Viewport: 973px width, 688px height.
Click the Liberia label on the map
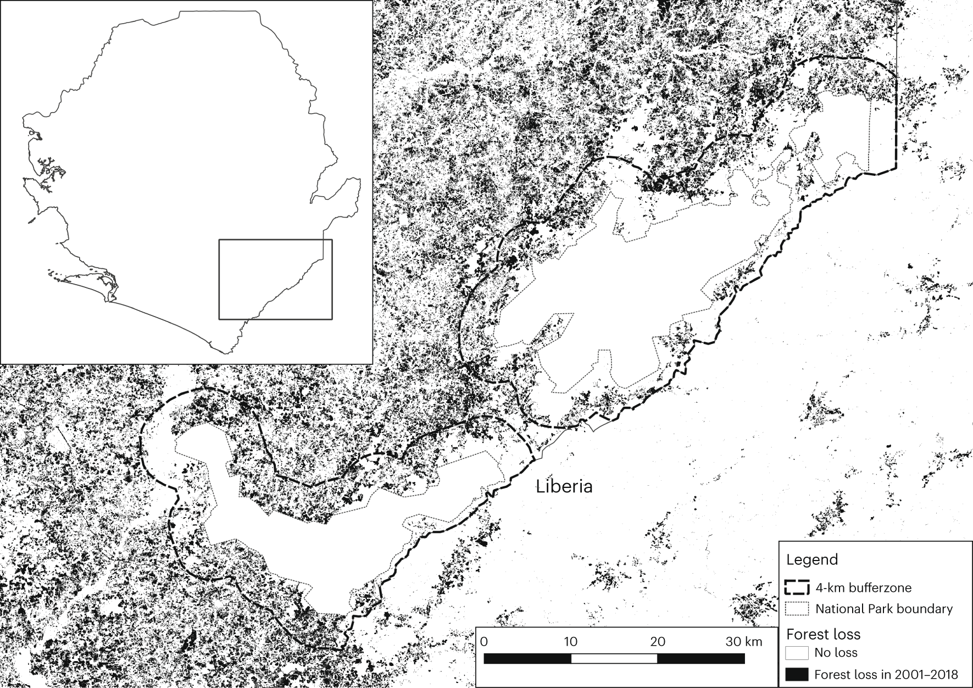pyautogui.click(x=564, y=486)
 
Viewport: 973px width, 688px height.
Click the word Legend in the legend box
pyautogui.click(x=812, y=559)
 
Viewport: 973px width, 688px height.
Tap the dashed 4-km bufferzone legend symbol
pyautogui.click(x=797, y=587)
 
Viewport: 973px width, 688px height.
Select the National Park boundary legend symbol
pyautogui.click(x=797, y=609)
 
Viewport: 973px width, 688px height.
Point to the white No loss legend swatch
pyautogui.click(x=797, y=653)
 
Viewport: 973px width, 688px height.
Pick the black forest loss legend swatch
pyautogui.click(x=797, y=674)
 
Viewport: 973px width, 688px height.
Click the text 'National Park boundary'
pyautogui.click(x=884, y=609)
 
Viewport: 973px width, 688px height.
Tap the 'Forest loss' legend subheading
pyautogui.click(x=823, y=634)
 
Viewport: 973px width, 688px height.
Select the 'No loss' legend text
pyautogui.click(x=836, y=653)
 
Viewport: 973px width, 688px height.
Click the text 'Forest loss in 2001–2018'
pyautogui.click(x=886, y=674)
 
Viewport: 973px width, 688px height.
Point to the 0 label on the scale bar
pyautogui.click(x=484, y=641)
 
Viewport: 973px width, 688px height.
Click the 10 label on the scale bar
pyautogui.click(x=570, y=641)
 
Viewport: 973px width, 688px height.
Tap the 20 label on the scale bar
pyautogui.click(x=658, y=641)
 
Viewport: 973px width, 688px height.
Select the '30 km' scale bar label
pyautogui.click(x=744, y=641)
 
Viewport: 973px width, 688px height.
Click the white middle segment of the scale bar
pyautogui.click(x=614, y=658)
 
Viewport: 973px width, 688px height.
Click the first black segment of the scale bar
pyautogui.click(x=527, y=658)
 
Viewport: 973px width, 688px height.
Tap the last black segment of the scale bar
pyautogui.click(x=701, y=658)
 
